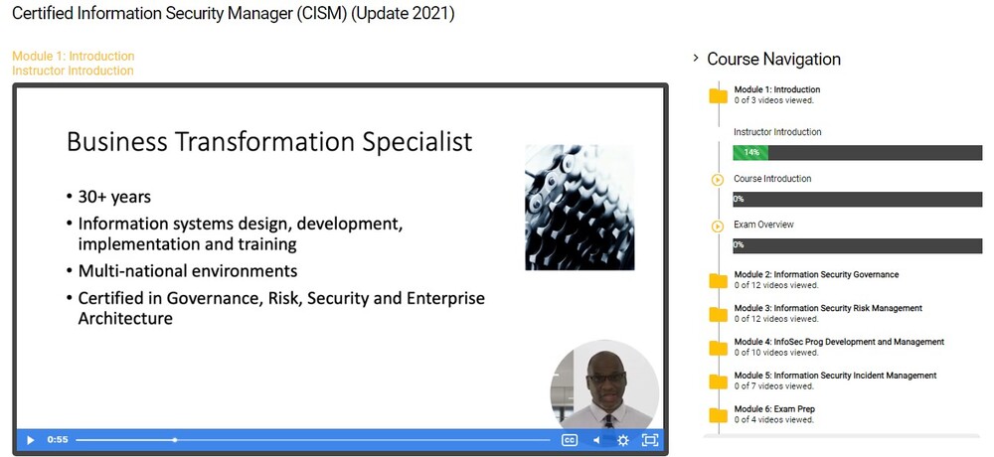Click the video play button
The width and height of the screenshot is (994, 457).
(30, 440)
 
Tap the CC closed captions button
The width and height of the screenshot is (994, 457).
(570, 440)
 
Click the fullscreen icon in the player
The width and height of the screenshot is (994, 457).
(650, 440)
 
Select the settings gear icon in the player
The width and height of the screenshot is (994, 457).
(623, 440)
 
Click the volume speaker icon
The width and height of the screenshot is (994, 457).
(597, 440)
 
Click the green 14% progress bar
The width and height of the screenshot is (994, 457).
(750, 153)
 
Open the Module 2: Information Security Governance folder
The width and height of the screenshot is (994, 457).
(815, 274)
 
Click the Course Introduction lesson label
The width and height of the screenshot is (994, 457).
(772, 179)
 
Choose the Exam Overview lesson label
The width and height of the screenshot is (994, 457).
(763, 225)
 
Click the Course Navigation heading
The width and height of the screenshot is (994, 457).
(773, 59)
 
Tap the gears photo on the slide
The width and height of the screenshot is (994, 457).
(580, 207)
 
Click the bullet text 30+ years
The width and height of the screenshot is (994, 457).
(114, 196)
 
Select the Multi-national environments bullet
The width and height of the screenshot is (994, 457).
(187, 270)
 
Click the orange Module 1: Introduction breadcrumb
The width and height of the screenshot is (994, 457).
(73, 56)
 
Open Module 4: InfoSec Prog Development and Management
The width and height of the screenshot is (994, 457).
(839, 342)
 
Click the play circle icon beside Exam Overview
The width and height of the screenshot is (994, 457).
(718, 227)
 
